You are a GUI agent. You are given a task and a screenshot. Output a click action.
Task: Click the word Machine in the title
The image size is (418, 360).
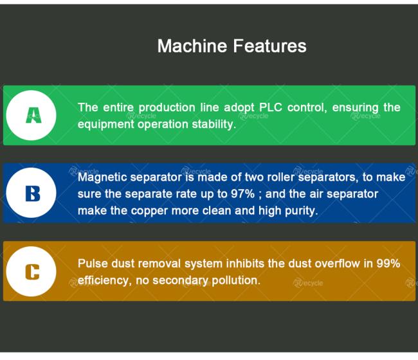click(x=192, y=46)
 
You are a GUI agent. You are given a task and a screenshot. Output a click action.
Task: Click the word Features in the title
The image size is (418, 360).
click(x=270, y=46)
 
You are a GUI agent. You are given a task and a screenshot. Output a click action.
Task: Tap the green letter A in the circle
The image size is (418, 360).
click(x=33, y=115)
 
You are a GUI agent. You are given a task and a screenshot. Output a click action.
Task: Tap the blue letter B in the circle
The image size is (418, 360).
click(x=33, y=194)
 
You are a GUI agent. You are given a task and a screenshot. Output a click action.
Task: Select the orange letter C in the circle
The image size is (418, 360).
click(x=32, y=272)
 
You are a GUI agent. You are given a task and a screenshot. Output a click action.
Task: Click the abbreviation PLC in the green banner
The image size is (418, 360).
click(x=271, y=107)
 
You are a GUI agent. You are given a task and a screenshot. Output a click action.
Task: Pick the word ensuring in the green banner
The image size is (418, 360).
click(x=355, y=108)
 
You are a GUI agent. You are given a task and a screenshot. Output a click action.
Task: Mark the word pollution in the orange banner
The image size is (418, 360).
click(x=236, y=280)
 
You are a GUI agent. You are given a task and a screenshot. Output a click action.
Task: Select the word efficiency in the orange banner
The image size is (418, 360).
click(x=104, y=281)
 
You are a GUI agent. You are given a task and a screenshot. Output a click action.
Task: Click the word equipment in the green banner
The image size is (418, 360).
click(x=106, y=125)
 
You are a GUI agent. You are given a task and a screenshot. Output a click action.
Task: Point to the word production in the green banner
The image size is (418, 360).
click(x=167, y=108)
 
